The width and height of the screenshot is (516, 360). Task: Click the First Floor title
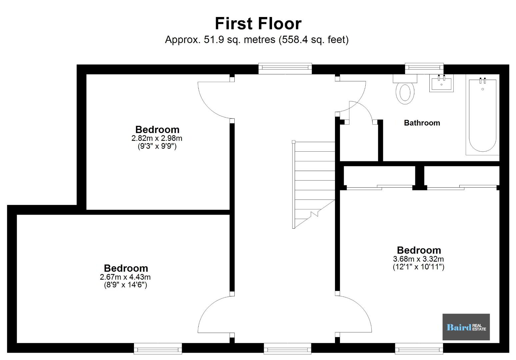pos(258,23)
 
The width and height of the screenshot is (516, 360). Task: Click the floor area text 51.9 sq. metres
pos(240,40)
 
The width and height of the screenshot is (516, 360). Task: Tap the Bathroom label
pos(422,123)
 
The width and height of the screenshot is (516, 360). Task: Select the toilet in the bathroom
pos(405,90)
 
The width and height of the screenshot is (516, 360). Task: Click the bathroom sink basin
pos(441,83)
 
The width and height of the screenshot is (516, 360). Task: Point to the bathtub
pos(483,115)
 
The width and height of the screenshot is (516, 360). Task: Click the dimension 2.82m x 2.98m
pos(157,138)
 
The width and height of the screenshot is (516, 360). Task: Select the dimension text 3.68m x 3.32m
pos(418,259)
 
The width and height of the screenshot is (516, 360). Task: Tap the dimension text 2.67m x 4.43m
pos(125,277)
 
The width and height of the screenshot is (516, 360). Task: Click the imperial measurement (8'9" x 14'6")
pos(125,285)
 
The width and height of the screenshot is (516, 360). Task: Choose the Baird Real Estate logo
pos(466,327)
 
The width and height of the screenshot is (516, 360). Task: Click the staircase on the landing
pos(314,184)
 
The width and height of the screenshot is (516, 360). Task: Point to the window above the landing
pos(285,68)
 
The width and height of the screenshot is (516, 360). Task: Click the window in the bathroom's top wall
pos(424,68)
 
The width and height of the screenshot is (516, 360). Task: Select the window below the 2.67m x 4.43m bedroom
pos(158,348)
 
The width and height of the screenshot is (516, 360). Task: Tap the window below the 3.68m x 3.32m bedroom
pos(419,348)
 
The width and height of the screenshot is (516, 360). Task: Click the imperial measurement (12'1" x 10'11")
pos(418,267)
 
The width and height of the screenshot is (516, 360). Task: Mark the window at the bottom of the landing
pos(287,348)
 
